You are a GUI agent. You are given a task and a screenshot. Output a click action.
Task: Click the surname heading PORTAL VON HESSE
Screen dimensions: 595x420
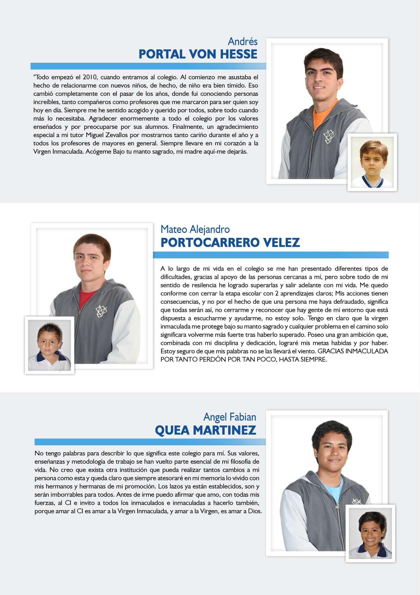[198, 54]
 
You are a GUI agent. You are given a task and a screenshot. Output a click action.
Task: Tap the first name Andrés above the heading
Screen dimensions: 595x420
[242, 41]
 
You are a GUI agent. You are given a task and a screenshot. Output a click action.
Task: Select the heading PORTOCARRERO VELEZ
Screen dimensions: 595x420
[230, 242]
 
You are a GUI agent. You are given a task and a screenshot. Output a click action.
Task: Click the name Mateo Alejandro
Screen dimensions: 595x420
[195, 229]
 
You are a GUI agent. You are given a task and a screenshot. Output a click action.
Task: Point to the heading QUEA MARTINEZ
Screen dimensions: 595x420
[205, 430]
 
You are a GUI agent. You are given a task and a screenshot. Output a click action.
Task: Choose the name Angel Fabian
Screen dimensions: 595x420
[230, 417]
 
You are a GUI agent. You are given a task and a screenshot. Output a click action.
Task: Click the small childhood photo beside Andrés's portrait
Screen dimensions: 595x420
[372, 162]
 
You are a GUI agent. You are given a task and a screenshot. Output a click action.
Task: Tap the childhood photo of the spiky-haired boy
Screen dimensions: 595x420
[49, 345]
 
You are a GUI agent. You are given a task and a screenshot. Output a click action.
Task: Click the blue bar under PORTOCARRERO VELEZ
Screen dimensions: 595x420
[271, 255]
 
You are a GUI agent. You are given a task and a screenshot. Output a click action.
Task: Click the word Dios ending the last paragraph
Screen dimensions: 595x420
[256, 512]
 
